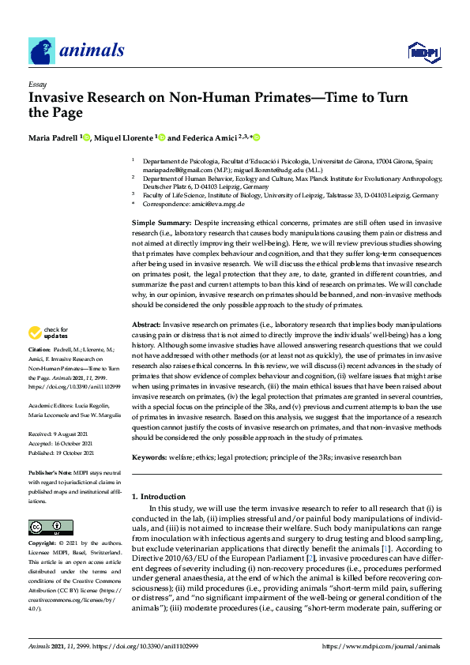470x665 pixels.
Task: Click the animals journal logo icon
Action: click(42, 51)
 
